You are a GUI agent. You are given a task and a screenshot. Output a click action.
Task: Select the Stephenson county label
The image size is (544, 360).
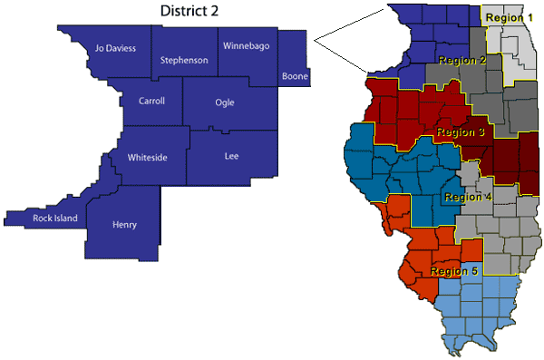[x=184, y=61]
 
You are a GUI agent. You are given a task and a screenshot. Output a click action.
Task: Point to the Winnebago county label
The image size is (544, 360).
[x=246, y=46]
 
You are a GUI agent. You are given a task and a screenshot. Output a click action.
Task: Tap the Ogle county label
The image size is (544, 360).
[x=225, y=102]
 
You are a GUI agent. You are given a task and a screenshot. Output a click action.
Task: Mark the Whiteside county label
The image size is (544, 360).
[x=147, y=157]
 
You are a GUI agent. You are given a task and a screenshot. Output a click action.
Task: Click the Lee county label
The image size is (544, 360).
[x=231, y=157]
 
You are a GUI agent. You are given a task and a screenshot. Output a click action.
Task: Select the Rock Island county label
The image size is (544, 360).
[x=55, y=218]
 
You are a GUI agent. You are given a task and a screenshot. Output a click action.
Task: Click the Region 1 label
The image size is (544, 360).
[x=510, y=17]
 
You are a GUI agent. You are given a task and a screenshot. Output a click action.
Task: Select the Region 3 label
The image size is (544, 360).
[x=461, y=132]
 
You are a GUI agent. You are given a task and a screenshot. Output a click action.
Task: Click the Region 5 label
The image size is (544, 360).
[x=454, y=270]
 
